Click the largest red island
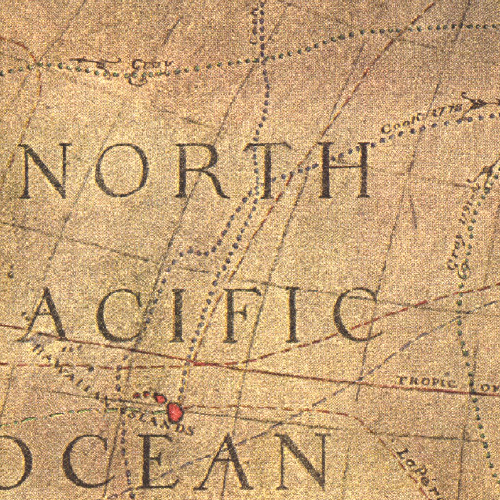coord(175,411)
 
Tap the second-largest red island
coord(160,398)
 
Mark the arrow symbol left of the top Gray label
coord(95,62)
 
